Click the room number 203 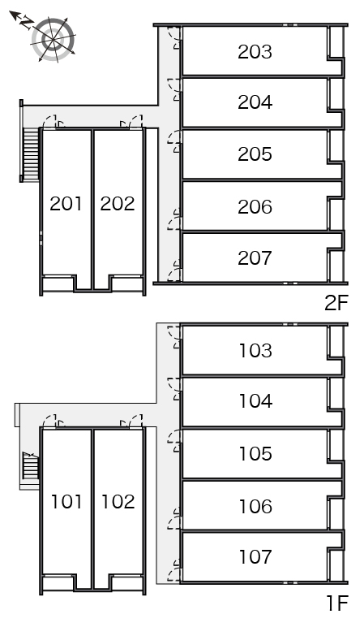[255, 52]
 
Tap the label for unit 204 [255, 102]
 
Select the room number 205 [255, 154]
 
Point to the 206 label [255, 207]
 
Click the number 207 [255, 258]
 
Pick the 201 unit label [66, 204]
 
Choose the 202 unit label [118, 204]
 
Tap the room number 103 [255, 351]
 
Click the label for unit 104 [255, 401]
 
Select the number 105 [255, 453]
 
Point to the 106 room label [255, 506]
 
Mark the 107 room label [255, 556]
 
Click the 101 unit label [66, 501]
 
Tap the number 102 [118, 501]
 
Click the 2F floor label [336, 303]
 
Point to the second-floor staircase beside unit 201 [31, 154]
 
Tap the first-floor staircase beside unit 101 [30, 465]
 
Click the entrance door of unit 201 [50, 122]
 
